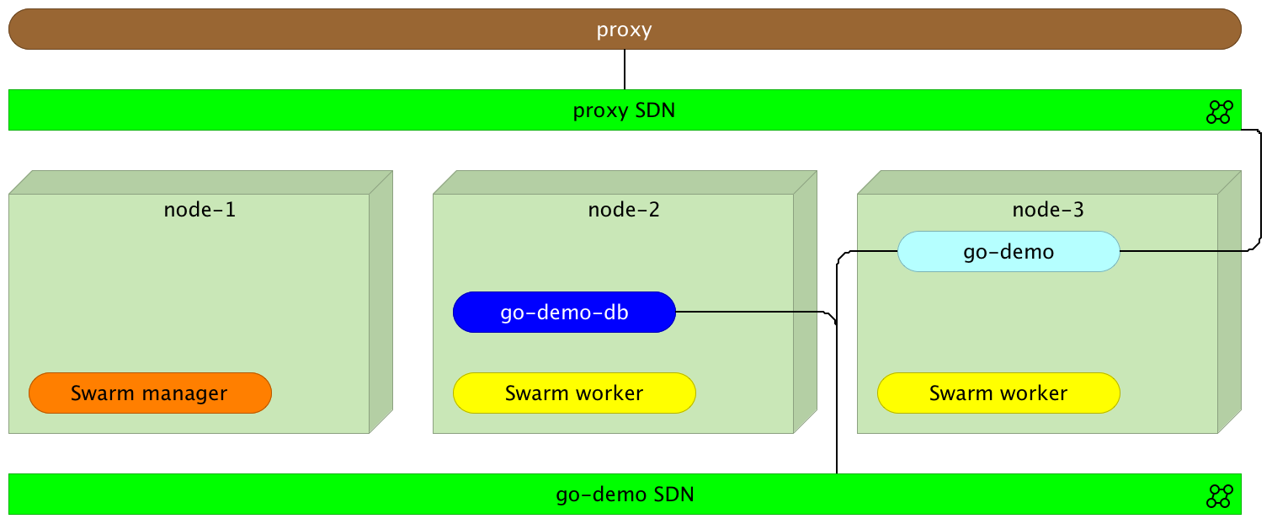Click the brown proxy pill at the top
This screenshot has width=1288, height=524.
337,29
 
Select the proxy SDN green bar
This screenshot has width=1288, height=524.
337,110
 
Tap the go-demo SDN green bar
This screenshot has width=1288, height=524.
337,495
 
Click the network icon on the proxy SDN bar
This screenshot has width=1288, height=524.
1219,111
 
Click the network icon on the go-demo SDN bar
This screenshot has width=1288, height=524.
1219,495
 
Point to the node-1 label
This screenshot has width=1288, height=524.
200,209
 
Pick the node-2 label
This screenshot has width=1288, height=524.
624,209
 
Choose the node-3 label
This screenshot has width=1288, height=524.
1048,209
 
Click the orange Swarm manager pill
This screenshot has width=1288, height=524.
150,393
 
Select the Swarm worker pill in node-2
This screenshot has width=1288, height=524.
574,393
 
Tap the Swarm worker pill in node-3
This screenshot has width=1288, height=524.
998,393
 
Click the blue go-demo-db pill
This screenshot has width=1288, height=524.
564,313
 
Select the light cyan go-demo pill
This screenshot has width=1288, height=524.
1009,252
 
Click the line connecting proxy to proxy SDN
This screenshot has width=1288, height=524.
625,69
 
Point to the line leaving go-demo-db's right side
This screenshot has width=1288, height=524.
749,312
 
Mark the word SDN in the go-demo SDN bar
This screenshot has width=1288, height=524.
673,495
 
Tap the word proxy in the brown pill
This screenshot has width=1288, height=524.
625,29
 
